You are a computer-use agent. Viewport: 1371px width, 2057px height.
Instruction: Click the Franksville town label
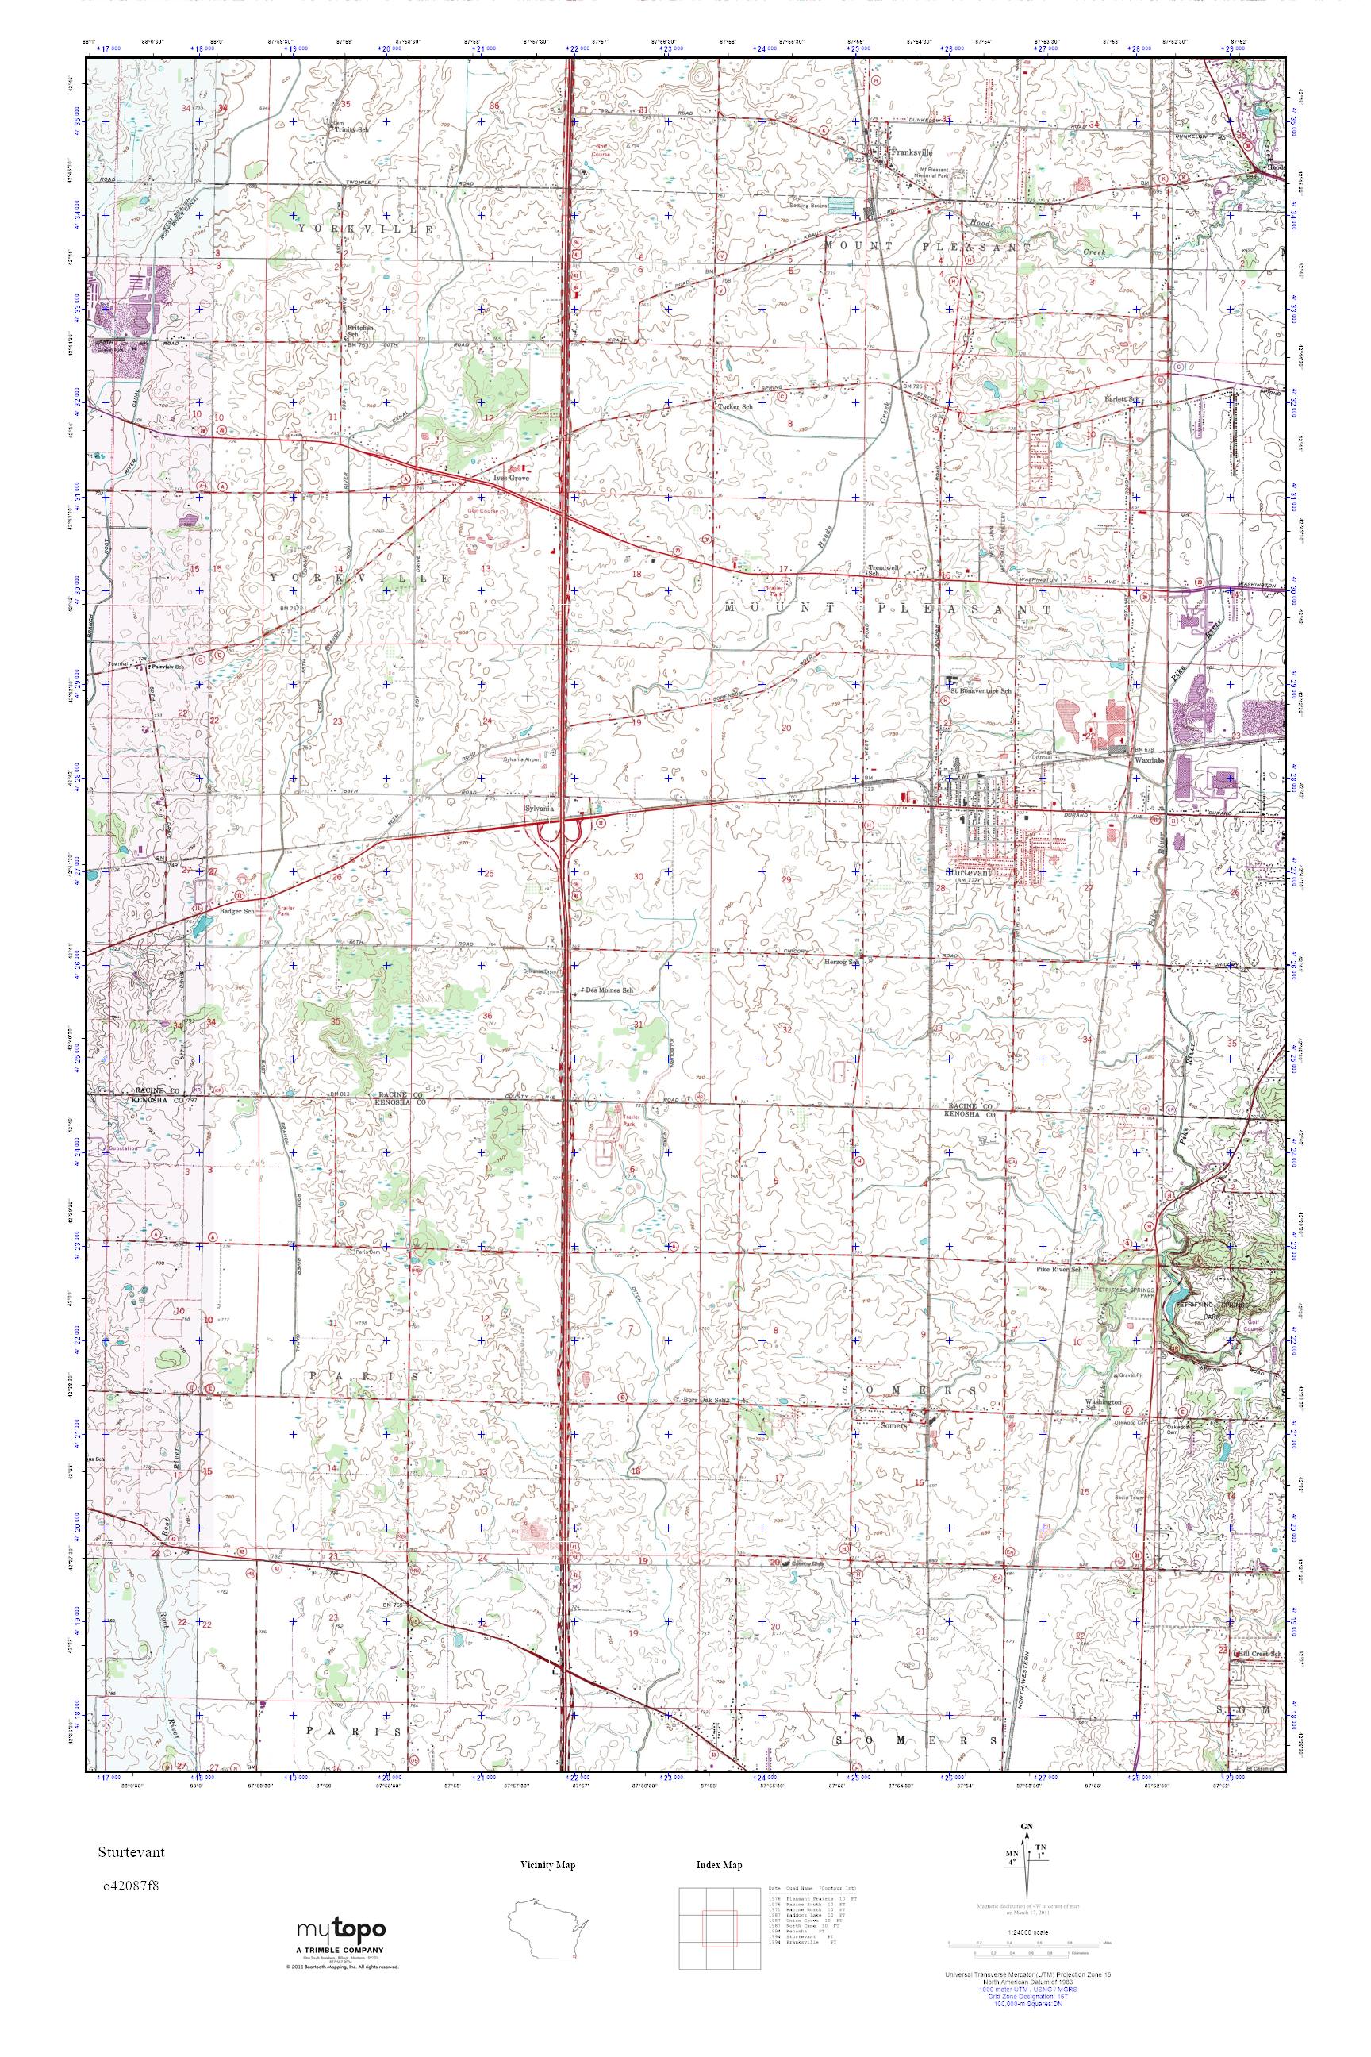(906, 152)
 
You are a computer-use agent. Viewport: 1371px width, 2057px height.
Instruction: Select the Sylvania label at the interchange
(539, 809)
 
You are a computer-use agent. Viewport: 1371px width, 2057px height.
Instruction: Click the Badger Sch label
(237, 911)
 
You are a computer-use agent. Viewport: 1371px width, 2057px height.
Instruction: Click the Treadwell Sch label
(878, 569)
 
